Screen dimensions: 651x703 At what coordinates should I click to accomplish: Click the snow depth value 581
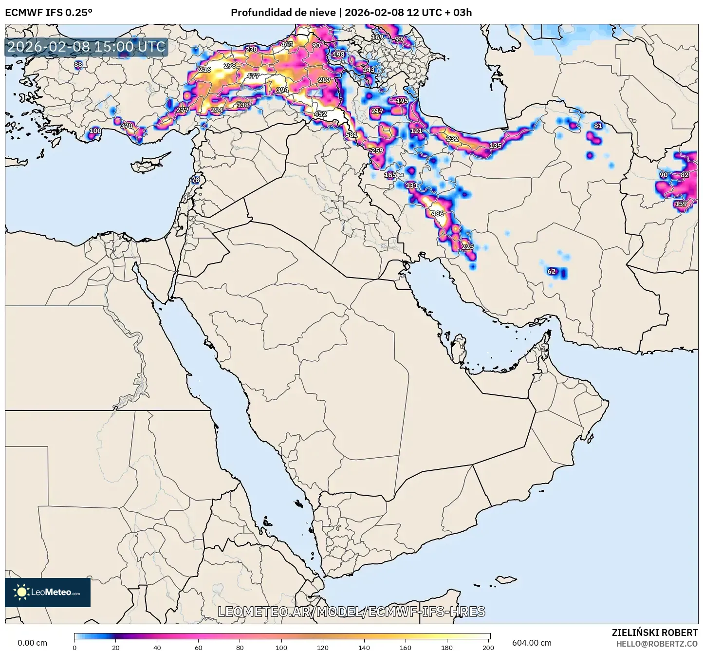351,135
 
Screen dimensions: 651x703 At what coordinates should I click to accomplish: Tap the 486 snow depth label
438,213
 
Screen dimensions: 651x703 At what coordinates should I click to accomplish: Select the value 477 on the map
253,76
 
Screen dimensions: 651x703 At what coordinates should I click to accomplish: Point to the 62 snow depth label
552,271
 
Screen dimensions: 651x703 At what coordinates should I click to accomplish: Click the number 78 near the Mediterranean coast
195,180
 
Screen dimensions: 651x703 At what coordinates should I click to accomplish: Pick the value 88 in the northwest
78,64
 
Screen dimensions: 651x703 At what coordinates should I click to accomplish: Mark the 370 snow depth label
127,126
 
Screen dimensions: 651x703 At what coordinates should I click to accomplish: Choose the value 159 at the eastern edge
681,204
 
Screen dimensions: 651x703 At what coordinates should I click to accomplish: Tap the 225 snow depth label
468,247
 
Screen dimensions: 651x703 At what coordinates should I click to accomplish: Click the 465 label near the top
287,44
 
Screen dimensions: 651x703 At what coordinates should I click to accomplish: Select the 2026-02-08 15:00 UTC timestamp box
87,47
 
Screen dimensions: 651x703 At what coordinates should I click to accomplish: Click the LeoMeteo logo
48,592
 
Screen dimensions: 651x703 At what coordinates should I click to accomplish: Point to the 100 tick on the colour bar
281,648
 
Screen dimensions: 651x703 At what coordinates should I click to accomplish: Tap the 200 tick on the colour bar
488,648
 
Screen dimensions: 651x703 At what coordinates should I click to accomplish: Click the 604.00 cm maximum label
532,643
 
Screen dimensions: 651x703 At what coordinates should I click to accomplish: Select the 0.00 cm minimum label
33,643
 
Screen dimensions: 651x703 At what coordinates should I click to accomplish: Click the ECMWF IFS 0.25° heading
49,13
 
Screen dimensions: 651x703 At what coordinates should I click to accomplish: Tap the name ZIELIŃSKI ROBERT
654,632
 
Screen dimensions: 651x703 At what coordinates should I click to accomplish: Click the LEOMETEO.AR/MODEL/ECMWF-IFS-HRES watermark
351,612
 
